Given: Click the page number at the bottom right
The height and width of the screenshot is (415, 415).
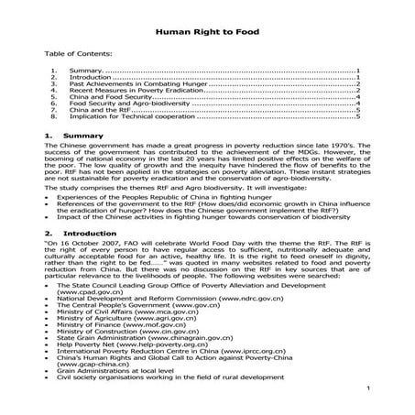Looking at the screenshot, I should click(x=366, y=390).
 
